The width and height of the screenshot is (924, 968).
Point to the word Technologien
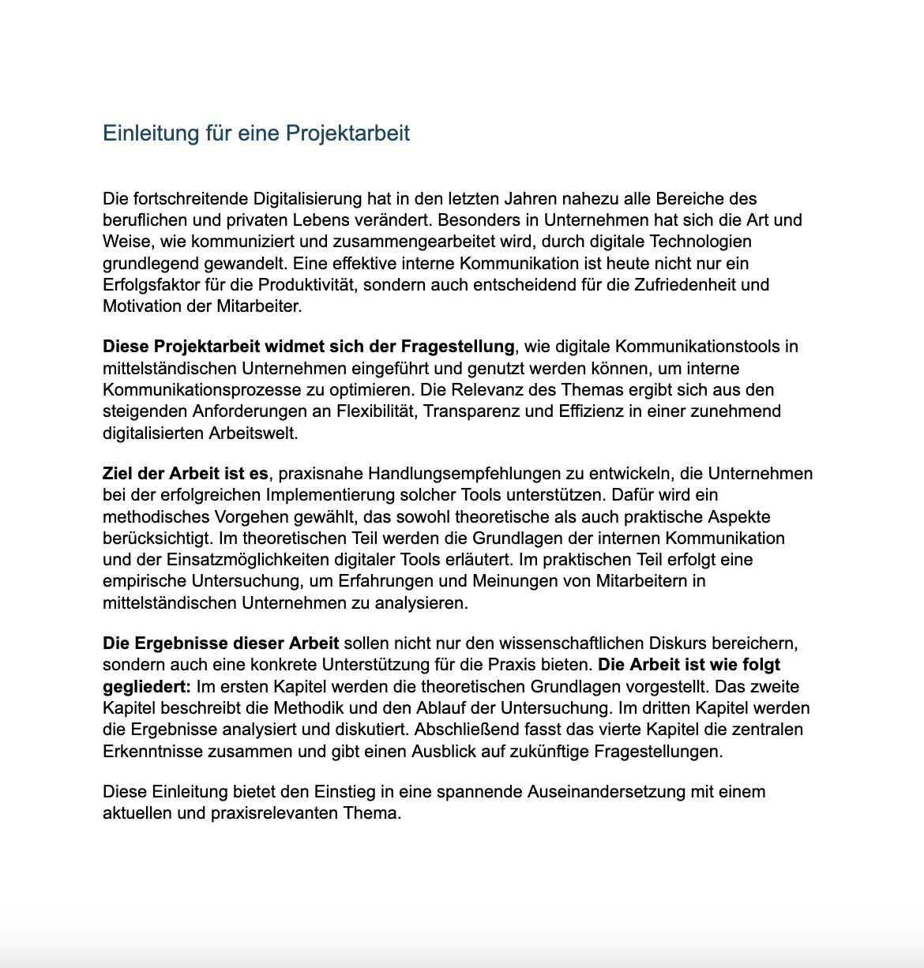click(x=702, y=241)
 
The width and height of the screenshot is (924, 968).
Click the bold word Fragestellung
click(x=457, y=346)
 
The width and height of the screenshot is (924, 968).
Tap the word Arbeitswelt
click(x=253, y=433)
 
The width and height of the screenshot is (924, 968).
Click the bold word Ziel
click(x=118, y=474)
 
